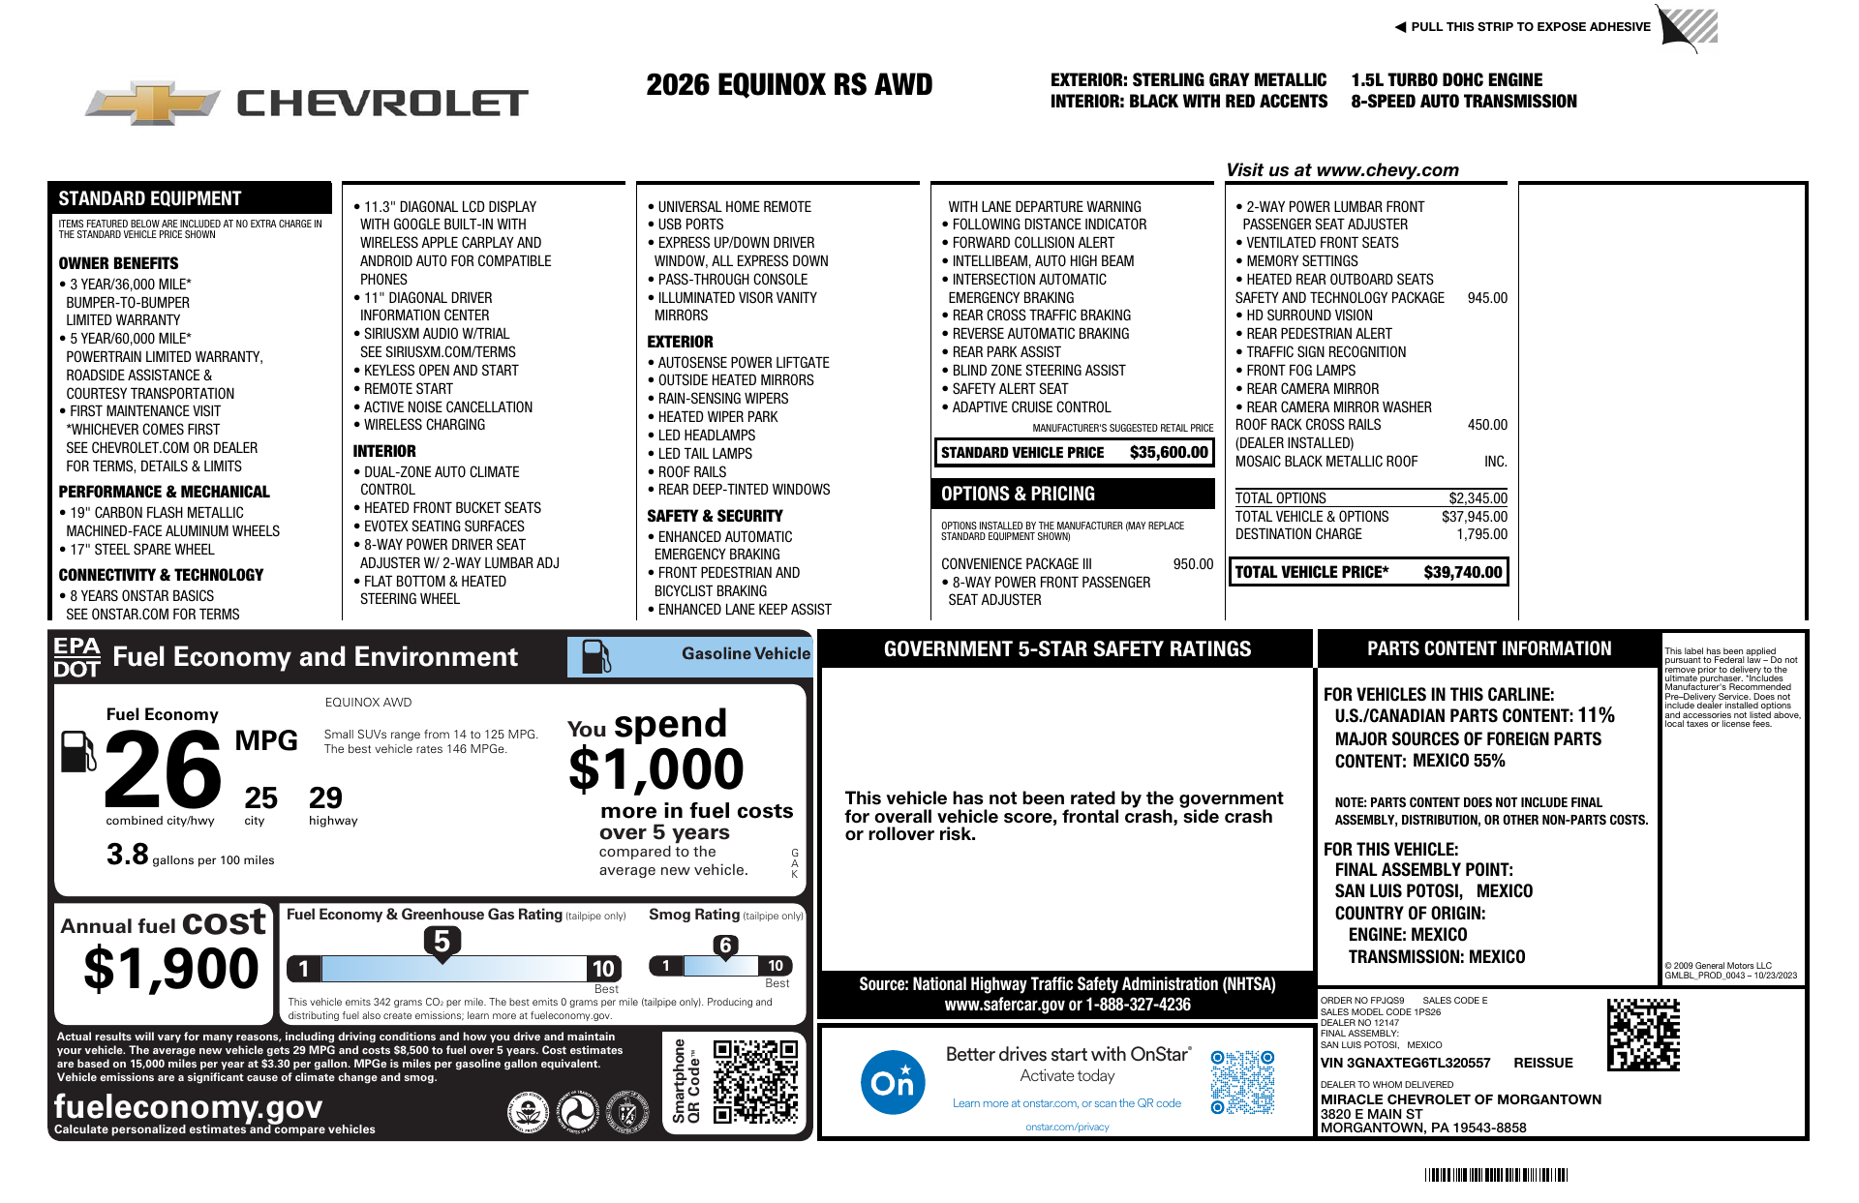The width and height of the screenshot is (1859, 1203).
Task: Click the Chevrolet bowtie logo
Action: tap(153, 102)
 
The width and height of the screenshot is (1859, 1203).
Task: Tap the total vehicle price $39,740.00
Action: tap(1462, 572)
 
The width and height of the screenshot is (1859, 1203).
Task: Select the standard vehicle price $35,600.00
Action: tap(1169, 452)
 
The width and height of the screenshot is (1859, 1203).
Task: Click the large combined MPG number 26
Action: tap(163, 770)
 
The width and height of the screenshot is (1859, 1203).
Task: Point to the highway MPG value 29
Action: tap(325, 797)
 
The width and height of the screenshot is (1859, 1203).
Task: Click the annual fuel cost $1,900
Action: tap(171, 968)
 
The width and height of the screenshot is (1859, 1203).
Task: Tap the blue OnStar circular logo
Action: tap(892, 1082)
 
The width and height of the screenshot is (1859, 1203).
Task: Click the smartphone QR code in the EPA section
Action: tap(755, 1081)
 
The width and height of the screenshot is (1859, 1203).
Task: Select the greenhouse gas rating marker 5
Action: tap(442, 942)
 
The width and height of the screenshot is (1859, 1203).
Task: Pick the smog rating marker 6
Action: tap(725, 946)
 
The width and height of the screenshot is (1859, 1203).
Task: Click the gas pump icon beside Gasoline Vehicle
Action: tap(595, 656)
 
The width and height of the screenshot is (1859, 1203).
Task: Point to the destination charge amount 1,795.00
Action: tap(1481, 534)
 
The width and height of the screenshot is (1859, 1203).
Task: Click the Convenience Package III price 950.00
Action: tap(1193, 564)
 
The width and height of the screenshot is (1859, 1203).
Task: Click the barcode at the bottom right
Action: tap(1496, 1175)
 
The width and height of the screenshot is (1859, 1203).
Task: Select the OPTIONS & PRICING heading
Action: tap(1018, 494)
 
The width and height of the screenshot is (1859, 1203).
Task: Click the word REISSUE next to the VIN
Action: tap(1543, 1063)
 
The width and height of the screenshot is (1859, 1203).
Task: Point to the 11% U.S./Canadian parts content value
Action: tap(1596, 715)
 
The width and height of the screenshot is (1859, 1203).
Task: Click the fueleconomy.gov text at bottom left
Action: tap(188, 1106)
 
